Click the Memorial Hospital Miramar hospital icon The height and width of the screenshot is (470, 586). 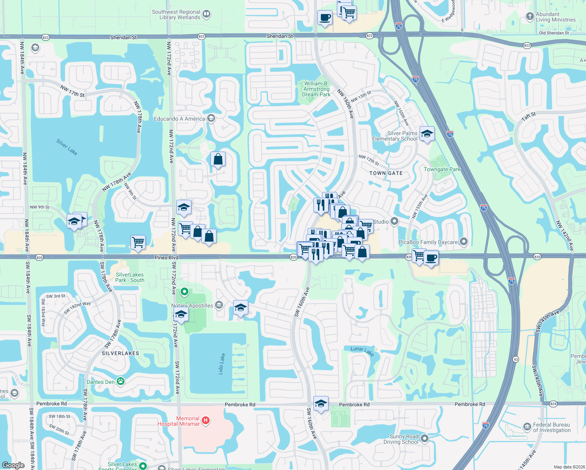coord(205,421)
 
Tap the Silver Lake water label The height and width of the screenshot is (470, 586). coord(67,147)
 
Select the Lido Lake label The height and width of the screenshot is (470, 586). coord(222,364)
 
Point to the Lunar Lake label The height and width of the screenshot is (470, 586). coord(362,351)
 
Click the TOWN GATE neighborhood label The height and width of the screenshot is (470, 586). coord(386,173)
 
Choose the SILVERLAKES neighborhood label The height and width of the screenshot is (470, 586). coord(120,353)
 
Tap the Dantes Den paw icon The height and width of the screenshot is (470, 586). coord(121,381)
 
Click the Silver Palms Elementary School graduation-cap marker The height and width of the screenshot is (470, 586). coord(427,134)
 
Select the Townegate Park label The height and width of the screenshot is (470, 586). coord(442,169)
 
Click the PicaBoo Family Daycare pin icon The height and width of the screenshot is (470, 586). coord(464,242)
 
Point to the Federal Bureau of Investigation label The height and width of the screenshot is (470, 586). coord(552,427)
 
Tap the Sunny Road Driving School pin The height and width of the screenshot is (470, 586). coord(424,439)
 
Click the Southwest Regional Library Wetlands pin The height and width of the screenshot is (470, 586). coord(206,14)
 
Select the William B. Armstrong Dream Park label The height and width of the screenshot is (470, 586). coord(316,89)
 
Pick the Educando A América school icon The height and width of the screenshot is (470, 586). coord(211,118)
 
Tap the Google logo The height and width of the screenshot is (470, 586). coord(13,465)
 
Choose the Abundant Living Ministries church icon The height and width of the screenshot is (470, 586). coord(530,16)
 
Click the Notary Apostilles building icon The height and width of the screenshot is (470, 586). coord(219,305)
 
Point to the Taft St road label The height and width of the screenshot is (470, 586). coord(528,116)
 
